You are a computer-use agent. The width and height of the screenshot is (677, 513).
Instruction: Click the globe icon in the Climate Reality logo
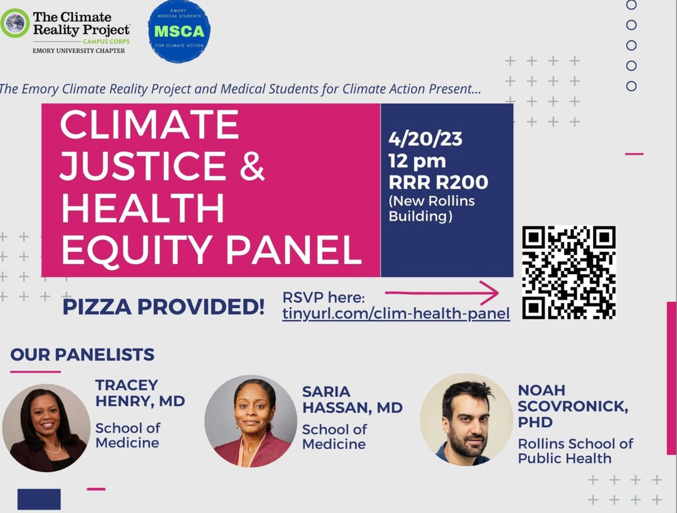tap(15, 24)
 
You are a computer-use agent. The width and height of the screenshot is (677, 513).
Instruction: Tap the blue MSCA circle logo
tap(179, 31)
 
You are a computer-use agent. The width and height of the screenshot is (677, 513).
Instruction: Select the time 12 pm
tap(417, 161)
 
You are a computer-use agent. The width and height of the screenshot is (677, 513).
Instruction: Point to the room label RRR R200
tap(438, 182)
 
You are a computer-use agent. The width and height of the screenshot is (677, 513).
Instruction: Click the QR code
tap(568, 273)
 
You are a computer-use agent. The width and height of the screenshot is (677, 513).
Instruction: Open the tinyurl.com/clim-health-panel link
tap(396, 313)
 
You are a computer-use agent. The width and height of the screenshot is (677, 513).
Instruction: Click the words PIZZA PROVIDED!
tap(164, 307)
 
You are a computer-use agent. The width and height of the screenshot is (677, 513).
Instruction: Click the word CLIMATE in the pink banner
tap(150, 125)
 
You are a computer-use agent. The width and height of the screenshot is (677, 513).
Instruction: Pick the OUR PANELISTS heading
tap(82, 355)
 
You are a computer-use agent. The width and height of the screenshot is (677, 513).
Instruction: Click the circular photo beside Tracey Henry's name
tap(46, 428)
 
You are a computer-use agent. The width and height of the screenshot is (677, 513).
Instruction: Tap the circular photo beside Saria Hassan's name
tap(250, 421)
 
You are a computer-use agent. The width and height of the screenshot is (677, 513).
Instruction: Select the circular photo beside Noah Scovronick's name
tap(466, 419)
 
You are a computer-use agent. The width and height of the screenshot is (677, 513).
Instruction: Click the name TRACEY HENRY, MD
tap(140, 393)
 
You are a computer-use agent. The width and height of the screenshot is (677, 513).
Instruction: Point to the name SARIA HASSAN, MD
tap(352, 400)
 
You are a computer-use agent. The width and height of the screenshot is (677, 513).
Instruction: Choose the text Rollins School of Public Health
tap(575, 451)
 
